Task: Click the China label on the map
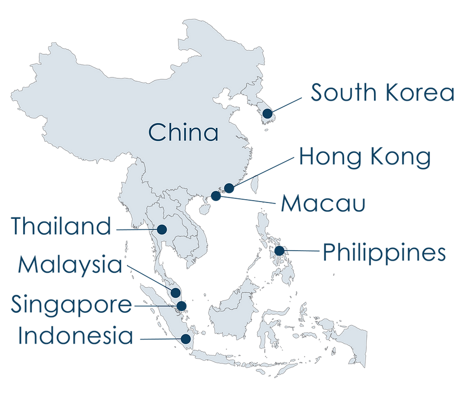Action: pyautogui.click(x=183, y=132)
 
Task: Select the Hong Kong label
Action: pyautogui.click(x=364, y=157)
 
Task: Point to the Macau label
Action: pyautogui.click(x=323, y=203)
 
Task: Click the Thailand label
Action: pyautogui.click(x=61, y=227)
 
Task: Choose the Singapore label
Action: pyautogui.click(x=70, y=305)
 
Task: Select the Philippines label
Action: pyautogui.click(x=384, y=253)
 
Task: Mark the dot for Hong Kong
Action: pyautogui.click(x=230, y=188)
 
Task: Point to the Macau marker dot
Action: pyautogui.click(x=217, y=196)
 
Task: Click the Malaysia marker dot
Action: pyautogui.click(x=175, y=292)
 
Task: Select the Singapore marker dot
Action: pyautogui.click(x=182, y=305)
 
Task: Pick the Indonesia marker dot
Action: pyautogui.click(x=186, y=339)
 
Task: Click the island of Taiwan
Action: pyautogui.click(x=256, y=182)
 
